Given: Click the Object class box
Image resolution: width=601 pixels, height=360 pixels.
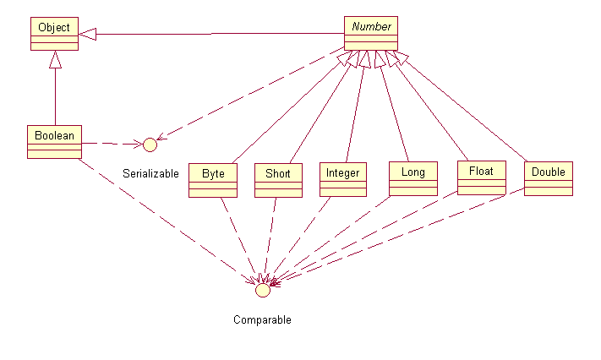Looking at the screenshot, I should [55, 34].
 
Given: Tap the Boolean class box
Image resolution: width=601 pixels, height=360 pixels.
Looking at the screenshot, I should [54, 141].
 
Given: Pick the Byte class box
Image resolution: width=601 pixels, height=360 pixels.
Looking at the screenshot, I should [213, 179].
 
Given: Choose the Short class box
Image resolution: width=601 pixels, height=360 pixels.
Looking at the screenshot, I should [277, 179].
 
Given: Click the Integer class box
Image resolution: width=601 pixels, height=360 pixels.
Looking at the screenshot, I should [342, 179].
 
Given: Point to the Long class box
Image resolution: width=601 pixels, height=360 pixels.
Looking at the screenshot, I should [413, 178].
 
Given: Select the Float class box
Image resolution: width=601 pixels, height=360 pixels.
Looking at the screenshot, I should [481, 177].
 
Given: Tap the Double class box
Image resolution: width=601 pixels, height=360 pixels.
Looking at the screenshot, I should [548, 177].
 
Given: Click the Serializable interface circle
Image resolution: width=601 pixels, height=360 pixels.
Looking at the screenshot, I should [150, 144].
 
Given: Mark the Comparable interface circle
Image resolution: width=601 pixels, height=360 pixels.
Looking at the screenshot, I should [262, 290].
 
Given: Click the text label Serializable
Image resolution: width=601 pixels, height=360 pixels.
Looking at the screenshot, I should [150, 174].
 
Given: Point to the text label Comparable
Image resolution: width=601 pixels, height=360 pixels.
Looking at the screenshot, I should [262, 320].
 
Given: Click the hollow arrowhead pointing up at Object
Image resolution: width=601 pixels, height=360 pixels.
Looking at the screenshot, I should [55, 58].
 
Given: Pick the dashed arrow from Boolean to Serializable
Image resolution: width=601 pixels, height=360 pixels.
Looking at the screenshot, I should [110, 143].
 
